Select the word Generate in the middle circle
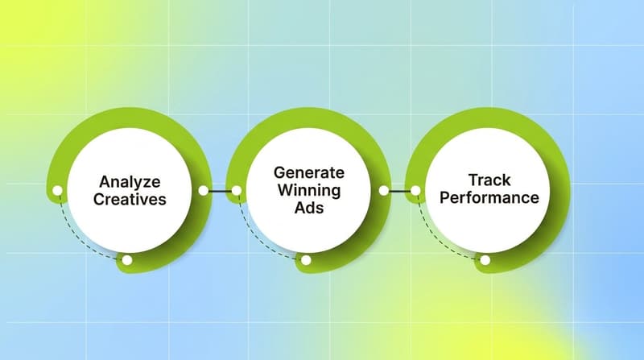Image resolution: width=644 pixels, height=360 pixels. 308,173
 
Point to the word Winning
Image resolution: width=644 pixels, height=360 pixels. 308,191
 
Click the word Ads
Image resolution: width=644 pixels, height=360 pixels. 308,209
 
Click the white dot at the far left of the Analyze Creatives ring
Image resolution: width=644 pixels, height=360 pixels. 57,191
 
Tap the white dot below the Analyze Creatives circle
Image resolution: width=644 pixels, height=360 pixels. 126,260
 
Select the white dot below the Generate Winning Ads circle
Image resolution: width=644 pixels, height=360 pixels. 306,260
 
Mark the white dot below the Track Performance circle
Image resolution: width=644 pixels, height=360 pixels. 485,260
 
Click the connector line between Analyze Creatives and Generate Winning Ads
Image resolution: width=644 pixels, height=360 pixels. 220,191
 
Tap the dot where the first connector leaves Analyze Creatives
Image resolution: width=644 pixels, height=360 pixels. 203,191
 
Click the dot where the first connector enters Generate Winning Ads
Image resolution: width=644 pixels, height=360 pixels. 237,191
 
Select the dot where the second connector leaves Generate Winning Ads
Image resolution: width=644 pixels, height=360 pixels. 383,191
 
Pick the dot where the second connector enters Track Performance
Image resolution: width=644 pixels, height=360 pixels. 416,191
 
